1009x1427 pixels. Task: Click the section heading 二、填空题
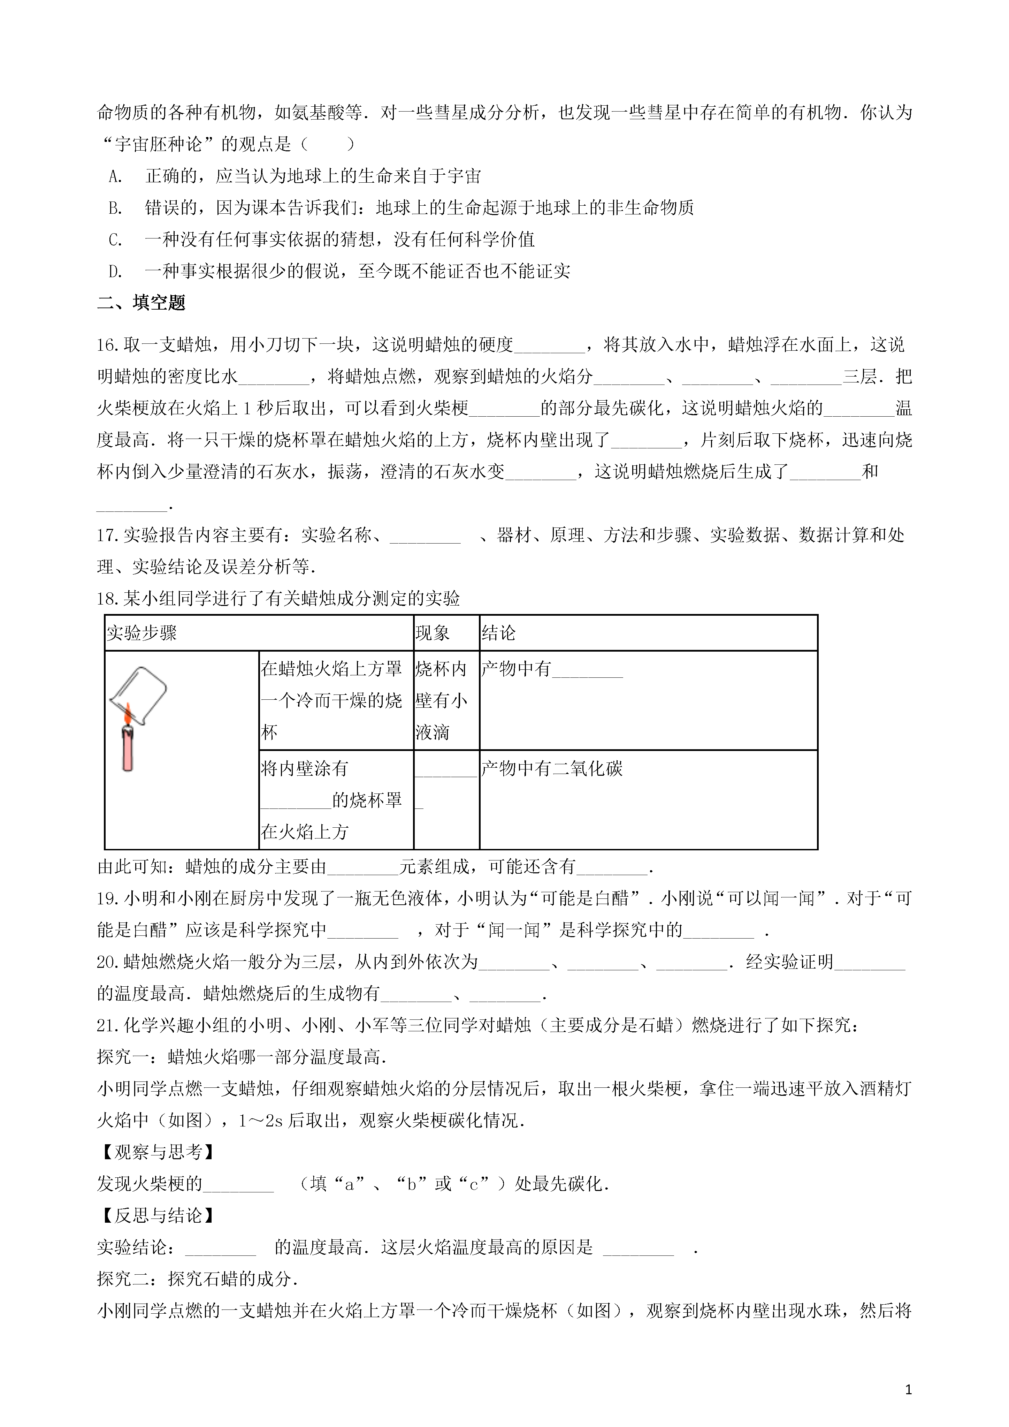(x=141, y=303)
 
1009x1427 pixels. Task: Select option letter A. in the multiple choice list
(x=116, y=176)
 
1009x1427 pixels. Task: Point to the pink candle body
(x=127, y=749)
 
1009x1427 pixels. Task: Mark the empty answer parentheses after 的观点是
(x=327, y=145)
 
